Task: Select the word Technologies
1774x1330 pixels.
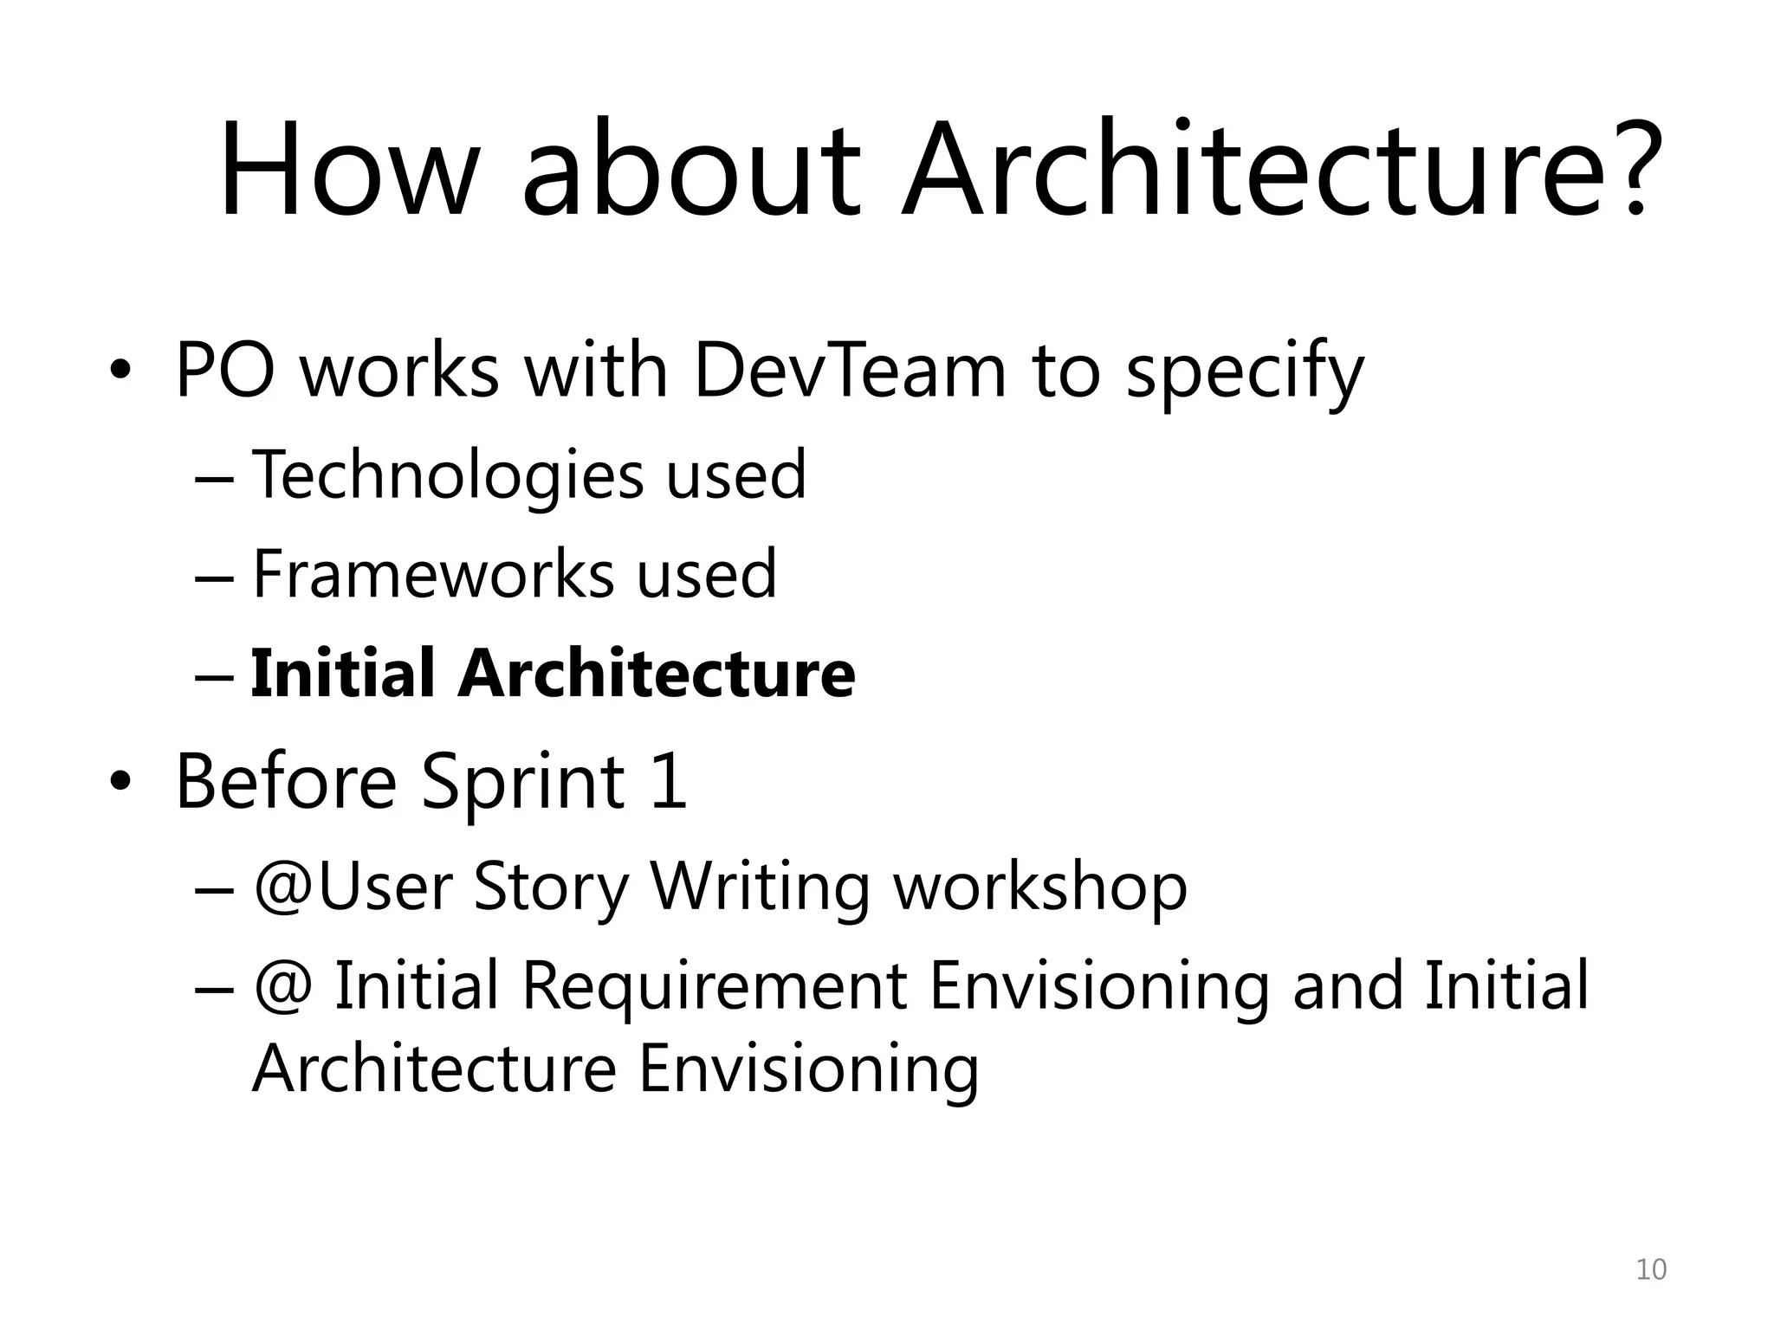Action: click(447, 476)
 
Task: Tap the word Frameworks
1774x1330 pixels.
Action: click(432, 574)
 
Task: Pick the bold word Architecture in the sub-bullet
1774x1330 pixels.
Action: click(657, 673)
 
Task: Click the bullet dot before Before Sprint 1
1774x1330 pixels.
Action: click(120, 782)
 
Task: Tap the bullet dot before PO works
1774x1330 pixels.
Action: click(120, 371)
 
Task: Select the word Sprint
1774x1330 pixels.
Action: click(522, 782)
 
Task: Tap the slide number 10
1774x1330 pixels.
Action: click(1650, 1269)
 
